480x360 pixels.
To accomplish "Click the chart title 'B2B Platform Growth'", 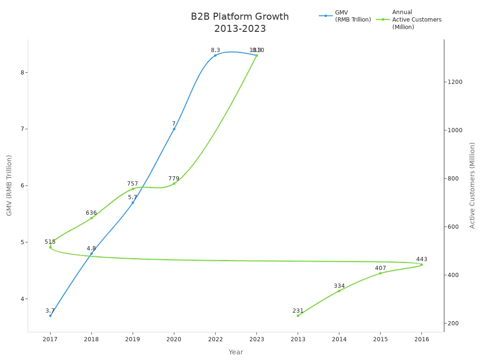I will coord(240,17).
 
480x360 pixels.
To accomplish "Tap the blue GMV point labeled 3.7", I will coord(50,315).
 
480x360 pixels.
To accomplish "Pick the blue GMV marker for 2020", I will coord(174,129).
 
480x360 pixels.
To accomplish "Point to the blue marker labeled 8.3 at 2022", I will coord(215,55).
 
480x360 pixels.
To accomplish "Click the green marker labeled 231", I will coord(298,315).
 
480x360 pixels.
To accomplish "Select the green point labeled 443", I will coord(421,264).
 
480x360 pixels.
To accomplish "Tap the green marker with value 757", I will coord(133,189).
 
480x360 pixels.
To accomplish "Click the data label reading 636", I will coord(91,213).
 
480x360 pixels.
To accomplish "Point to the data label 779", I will coord(174,179).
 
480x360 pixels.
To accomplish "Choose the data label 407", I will coord(380,268).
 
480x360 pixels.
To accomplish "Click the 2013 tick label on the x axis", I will coord(298,339).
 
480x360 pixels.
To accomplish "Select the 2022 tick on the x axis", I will coord(215,339).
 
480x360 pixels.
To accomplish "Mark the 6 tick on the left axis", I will coord(22,186).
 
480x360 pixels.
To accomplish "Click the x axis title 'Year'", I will coord(236,352).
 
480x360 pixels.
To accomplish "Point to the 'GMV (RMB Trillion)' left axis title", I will coord(9,185).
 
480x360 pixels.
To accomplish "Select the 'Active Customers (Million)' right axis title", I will coord(472,185).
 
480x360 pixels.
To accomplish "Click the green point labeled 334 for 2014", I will coord(339,291).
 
